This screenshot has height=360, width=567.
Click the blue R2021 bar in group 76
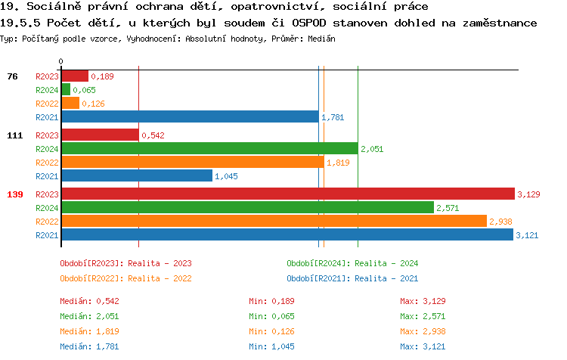click(x=190, y=116)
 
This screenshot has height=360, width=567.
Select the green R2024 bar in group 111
click(x=209, y=148)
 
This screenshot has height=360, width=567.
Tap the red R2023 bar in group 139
click(x=287, y=194)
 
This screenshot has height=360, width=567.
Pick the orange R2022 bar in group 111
click(x=193, y=162)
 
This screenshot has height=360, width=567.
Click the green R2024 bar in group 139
click(x=247, y=207)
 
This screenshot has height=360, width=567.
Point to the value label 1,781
click(x=333, y=117)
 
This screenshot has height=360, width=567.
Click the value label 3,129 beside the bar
click(x=527, y=194)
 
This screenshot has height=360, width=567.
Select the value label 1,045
click(x=226, y=176)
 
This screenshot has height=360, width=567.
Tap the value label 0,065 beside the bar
click(x=84, y=90)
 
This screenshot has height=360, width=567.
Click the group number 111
click(x=14, y=135)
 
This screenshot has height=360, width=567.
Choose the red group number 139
click(x=14, y=194)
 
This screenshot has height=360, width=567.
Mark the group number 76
click(x=12, y=76)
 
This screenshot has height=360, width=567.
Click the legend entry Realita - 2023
click(x=125, y=263)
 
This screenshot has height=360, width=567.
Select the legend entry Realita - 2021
click(x=352, y=278)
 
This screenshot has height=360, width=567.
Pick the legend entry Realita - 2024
click(x=352, y=263)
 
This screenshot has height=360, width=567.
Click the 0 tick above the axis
click(x=61, y=61)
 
